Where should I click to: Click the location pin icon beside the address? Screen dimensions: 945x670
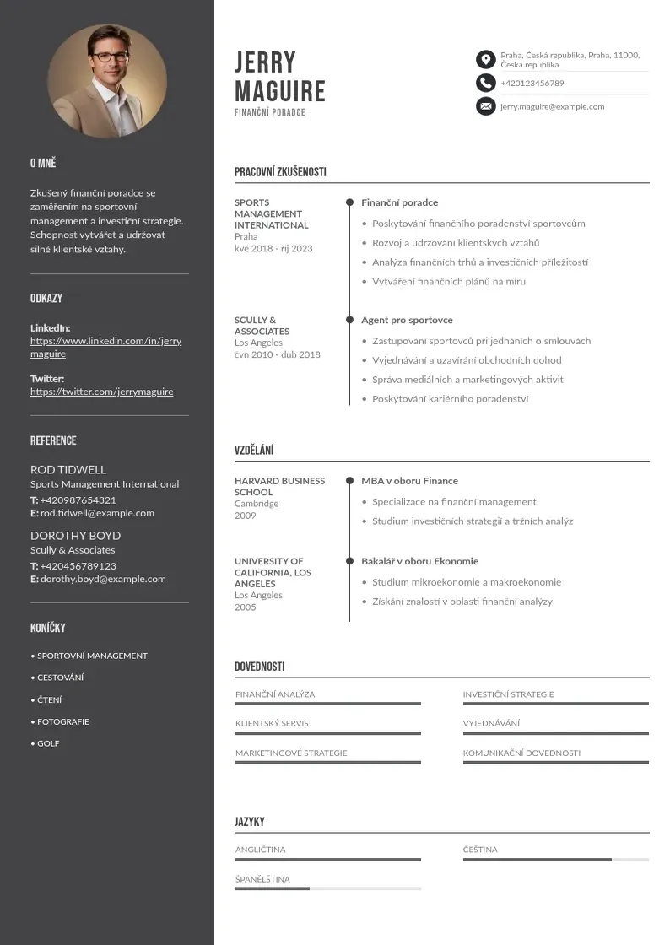(485, 59)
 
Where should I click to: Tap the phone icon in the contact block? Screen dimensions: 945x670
(485, 83)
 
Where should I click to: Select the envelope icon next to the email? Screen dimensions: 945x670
(485, 106)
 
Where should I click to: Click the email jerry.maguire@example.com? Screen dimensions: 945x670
(552, 106)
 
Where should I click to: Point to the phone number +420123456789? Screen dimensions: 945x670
(532, 83)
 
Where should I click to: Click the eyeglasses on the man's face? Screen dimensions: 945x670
(110, 57)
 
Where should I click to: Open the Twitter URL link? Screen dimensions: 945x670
(101, 391)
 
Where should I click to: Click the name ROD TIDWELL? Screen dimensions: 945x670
(68, 469)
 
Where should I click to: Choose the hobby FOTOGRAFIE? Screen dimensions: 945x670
(62, 721)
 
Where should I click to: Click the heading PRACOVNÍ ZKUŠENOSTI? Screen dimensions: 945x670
(280, 172)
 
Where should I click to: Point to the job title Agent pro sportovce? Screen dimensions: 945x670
(407, 320)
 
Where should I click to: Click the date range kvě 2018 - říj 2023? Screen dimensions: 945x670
(273, 248)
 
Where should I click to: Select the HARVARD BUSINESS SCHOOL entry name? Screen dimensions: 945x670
(279, 486)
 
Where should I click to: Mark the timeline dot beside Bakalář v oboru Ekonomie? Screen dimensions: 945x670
(349, 561)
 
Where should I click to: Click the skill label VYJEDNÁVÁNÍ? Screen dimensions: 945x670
(491, 723)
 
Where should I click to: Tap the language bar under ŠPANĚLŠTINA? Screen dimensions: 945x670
(327, 888)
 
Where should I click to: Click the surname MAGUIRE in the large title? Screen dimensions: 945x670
(279, 91)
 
